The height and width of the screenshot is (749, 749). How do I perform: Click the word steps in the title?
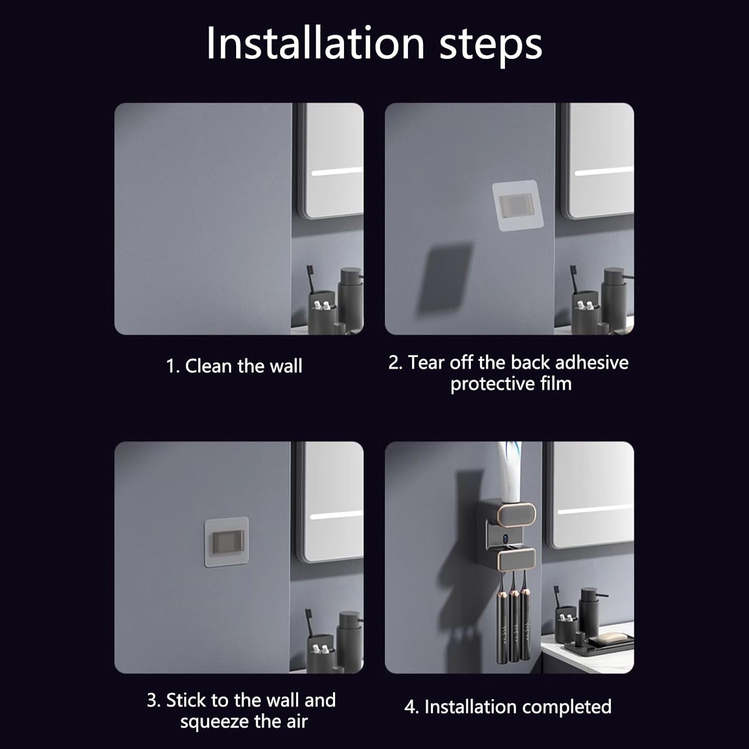(x=491, y=46)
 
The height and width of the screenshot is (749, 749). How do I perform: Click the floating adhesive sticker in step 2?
(x=518, y=206)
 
